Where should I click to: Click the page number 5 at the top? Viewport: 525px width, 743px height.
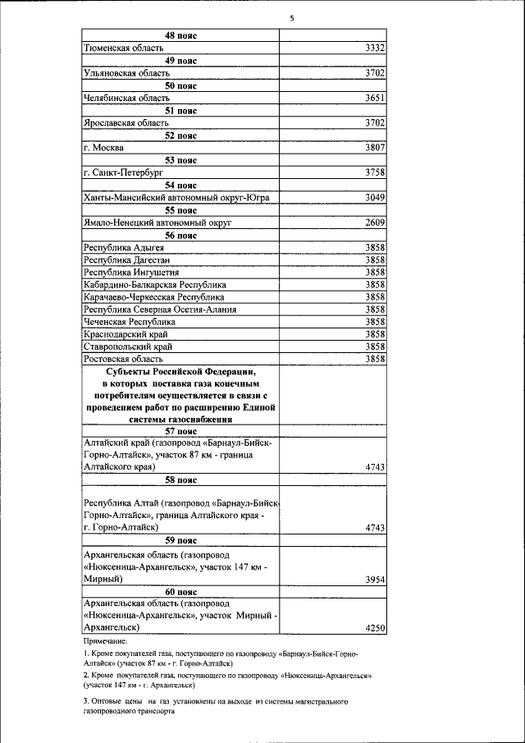coord(292,19)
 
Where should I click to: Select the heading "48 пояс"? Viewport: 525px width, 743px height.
coord(180,36)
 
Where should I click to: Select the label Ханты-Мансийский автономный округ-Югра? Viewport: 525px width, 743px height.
coord(176,198)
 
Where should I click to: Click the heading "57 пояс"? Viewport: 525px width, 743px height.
coord(180,430)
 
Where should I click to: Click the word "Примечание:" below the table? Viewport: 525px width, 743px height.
coord(105,640)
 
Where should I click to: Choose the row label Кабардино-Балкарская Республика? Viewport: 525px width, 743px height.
coord(155,284)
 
